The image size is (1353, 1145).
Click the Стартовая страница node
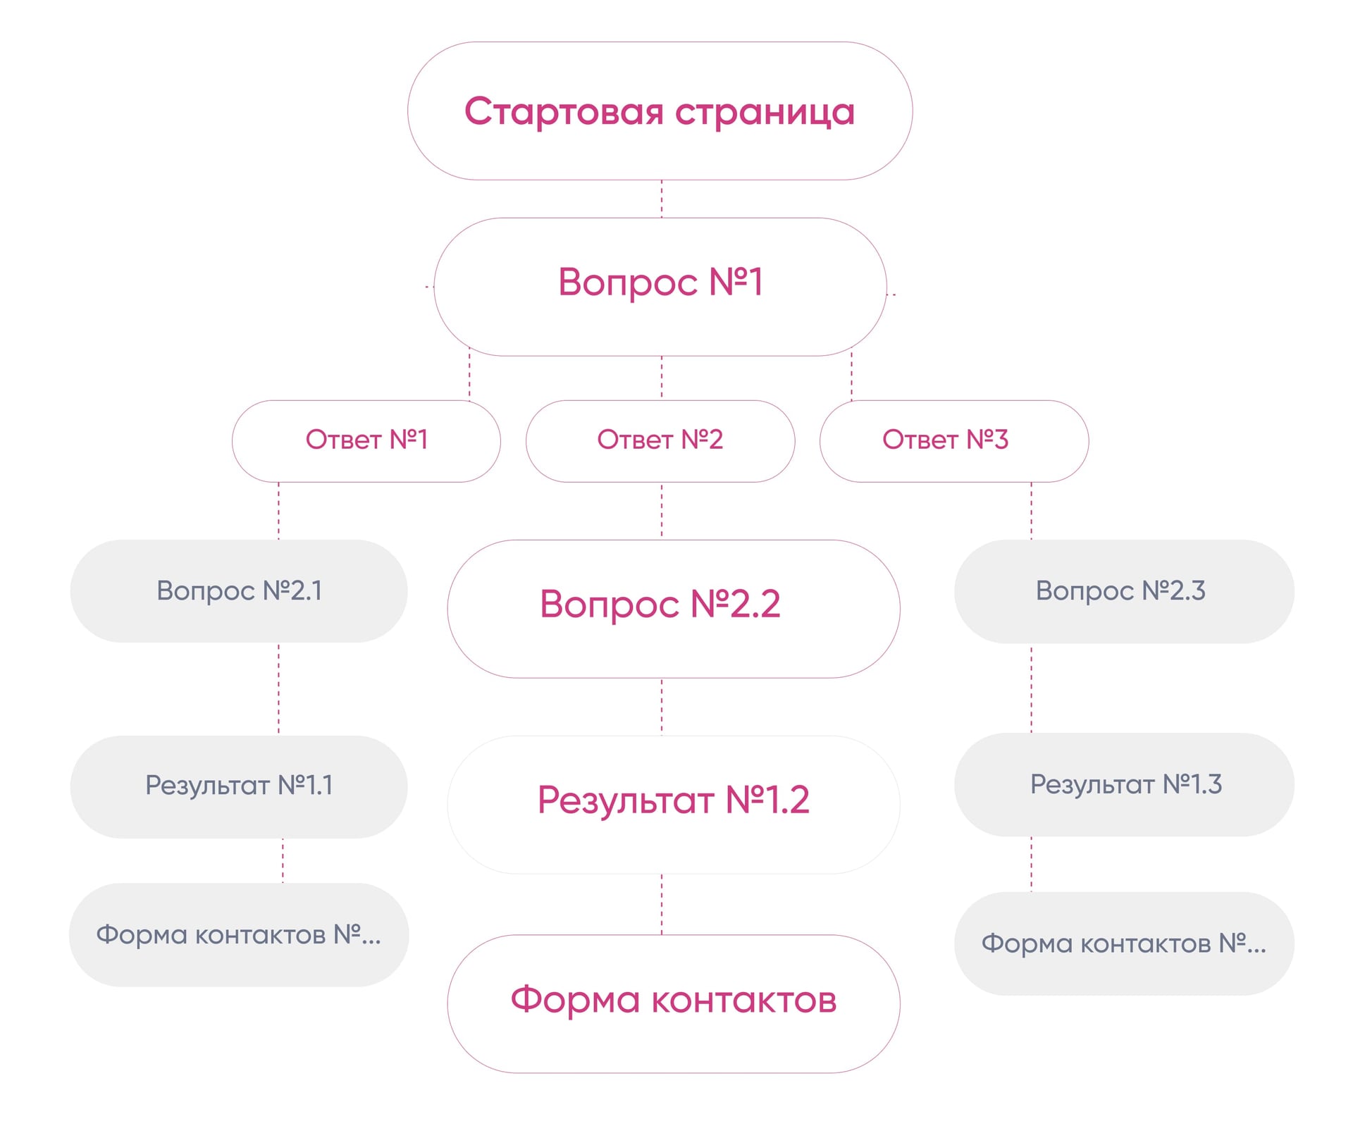[660, 111]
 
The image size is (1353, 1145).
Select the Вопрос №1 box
[660, 286]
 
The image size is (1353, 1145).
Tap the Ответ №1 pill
[366, 440]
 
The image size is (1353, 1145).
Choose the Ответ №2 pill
[660, 440]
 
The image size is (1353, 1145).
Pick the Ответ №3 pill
[953, 440]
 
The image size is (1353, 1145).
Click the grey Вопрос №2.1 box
[239, 590]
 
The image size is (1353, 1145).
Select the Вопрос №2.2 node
[673, 608]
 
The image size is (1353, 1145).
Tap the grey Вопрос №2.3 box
[1123, 590]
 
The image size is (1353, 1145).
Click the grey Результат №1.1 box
[239, 786]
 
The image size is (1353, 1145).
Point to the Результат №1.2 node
[673, 803]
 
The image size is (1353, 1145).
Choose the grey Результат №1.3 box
[1123, 784]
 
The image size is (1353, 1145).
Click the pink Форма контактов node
[673, 1003]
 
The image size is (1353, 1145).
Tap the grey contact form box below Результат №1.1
[239, 934]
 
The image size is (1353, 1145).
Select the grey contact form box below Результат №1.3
[1123, 943]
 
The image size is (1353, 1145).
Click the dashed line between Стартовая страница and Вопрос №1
[661, 199]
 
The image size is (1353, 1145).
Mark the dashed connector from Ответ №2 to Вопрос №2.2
[661, 510]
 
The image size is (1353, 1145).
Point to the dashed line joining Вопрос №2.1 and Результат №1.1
[278, 688]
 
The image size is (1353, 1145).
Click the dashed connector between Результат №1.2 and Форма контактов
[661, 903]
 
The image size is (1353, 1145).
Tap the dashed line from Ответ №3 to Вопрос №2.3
[1031, 510]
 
